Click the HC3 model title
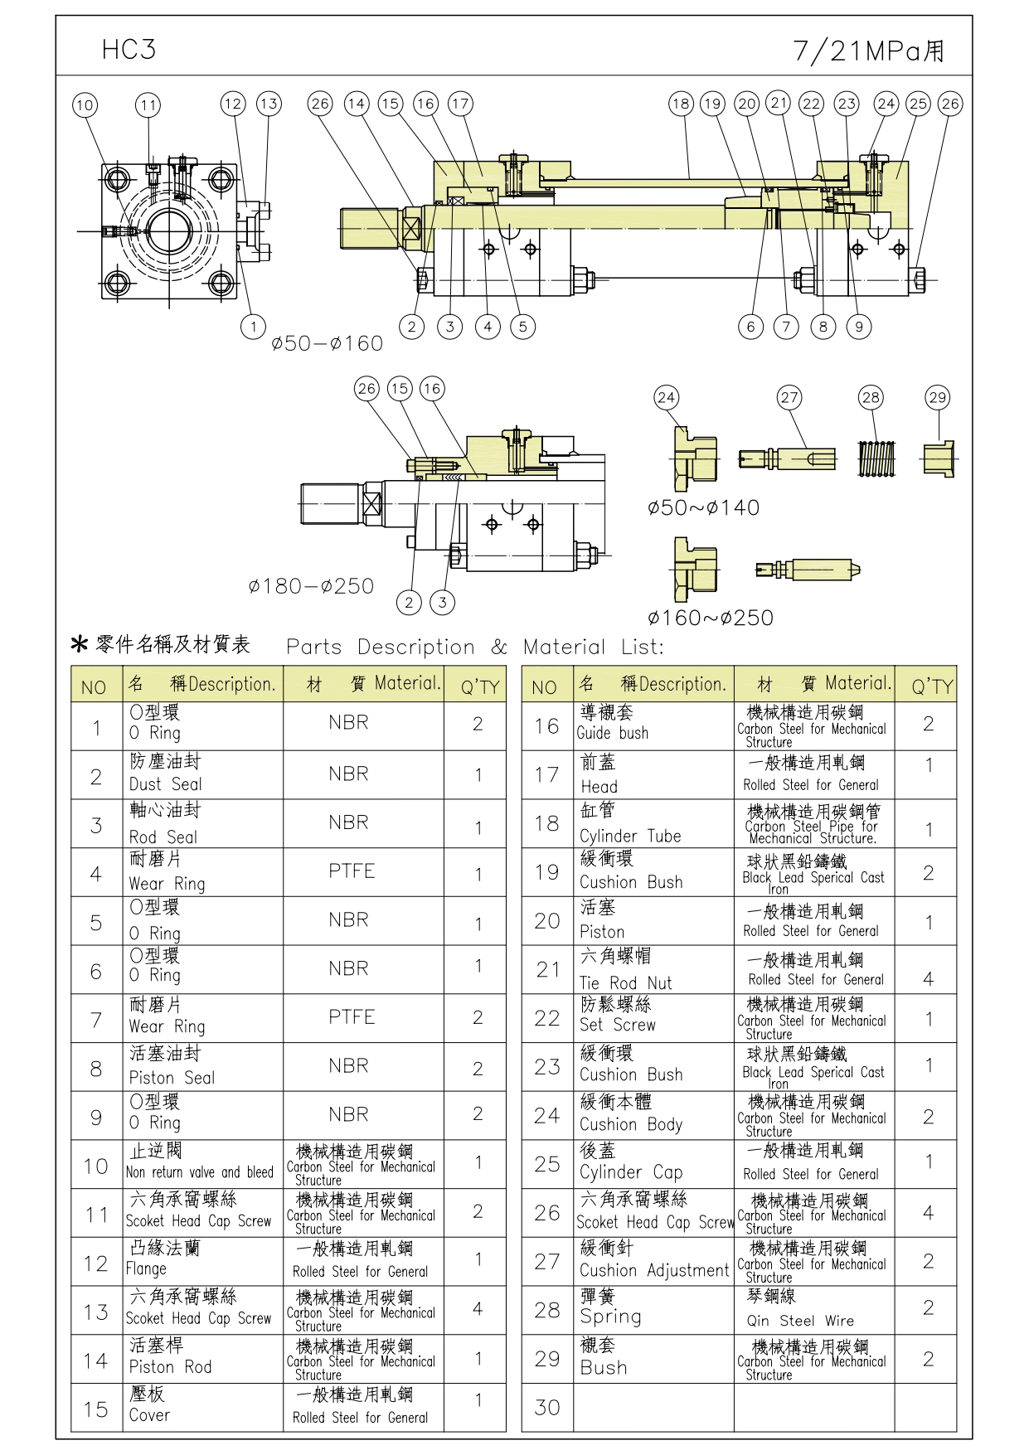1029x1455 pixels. [x=129, y=50]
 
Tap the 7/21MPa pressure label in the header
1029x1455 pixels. [x=868, y=51]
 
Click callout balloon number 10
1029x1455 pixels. [x=85, y=105]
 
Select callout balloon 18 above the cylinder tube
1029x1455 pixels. [x=681, y=104]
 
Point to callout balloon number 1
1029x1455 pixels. [x=253, y=327]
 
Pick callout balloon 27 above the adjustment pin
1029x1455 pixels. [x=789, y=398]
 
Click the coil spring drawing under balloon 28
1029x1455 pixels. [x=876, y=458]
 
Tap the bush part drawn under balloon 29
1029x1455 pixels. [x=939, y=458]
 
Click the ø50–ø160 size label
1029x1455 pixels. [x=327, y=343]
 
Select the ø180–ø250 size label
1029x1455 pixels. [x=311, y=586]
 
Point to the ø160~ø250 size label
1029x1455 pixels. [x=710, y=618]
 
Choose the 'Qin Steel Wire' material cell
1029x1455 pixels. [x=813, y=1310]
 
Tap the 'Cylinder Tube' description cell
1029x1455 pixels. [x=653, y=823]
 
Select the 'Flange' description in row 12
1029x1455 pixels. [x=202, y=1261]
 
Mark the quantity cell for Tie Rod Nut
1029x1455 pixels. [x=928, y=969]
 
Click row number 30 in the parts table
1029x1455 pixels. [x=547, y=1407]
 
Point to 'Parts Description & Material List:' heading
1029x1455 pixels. [x=474, y=647]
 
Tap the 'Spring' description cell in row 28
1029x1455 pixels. [x=653, y=1310]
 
